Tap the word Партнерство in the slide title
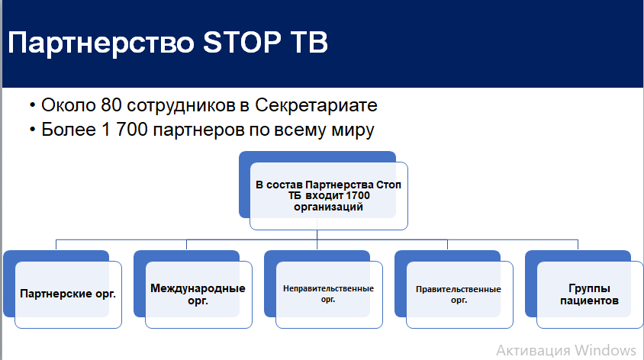pos(101,43)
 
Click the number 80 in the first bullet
pos(111,105)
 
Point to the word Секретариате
pos(316,105)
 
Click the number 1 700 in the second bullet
pos(124,130)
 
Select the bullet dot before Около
pos(33,106)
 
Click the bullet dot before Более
pos(33,130)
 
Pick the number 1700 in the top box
pos(358,196)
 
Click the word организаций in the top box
pos(328,207)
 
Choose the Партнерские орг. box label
pos(68,294)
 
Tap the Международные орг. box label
pos(198,294)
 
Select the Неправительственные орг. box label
pos(328,294)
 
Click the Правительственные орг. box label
pos(459,294)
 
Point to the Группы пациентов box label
pos(589,294)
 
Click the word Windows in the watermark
pos(605,351)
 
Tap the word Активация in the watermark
pos(533,351)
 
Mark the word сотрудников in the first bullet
pos(181,106)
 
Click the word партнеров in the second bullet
pos(199,130)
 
